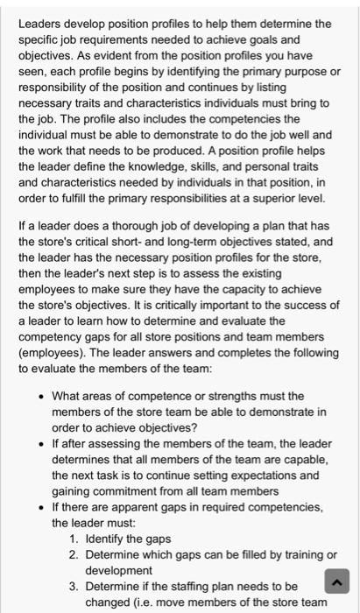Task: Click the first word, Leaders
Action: coord(41,23)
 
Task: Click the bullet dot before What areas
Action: coord(41,396)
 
